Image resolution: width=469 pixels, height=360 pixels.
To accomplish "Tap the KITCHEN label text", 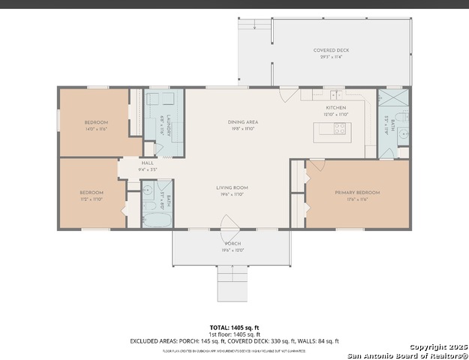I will pyautogui.click(x=335, y=108).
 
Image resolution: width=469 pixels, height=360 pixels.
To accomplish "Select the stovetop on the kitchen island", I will pyautogui.click(x=339, y=129).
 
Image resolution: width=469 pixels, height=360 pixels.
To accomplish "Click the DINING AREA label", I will pyautogui.click(x=243, y=121).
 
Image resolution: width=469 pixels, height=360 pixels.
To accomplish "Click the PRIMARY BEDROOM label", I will pyautogui.click(x=357, y=193).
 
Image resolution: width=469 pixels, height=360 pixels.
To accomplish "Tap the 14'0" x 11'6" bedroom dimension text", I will pyautogui.click(x=96, y=130).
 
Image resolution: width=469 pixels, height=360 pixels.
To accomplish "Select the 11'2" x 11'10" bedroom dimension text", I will pyautogui.click(x=92, y=199).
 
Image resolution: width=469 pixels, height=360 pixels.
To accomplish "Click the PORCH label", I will pyautogui.click(x=232, y=244).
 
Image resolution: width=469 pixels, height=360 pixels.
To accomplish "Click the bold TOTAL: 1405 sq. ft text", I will pyautogui.click(x=234, y=328).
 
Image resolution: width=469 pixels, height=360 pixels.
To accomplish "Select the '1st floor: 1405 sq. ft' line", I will pyautogui.click(x=234, y=334).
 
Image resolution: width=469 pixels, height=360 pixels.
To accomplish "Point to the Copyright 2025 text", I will pyautogui.click(x=438, y=346).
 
